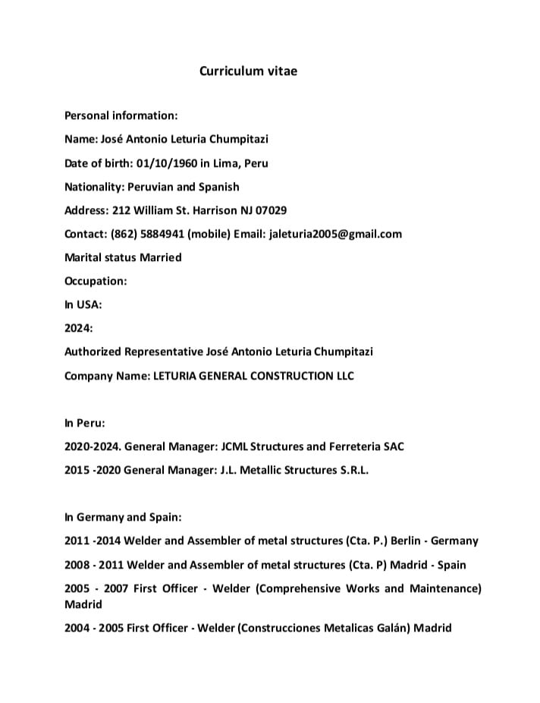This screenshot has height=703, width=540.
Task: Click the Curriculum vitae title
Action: (x=248, y=71)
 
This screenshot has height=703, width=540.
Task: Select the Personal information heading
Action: (x=121, y=115)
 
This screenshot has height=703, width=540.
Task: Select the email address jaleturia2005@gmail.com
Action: (x=335, y=234)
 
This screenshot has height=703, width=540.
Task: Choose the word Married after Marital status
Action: (x=161, y=257)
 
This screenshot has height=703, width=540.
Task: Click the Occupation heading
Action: (x=96, y=281)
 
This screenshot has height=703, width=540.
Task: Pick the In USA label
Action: (x=83, y=304)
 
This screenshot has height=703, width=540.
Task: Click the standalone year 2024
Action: (x=78, y=328)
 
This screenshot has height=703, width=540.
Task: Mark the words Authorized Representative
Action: (x=133, y=351)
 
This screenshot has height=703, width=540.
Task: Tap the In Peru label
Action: (x=85, y=423)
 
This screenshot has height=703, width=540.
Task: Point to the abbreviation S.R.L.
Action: (x=353, y=470)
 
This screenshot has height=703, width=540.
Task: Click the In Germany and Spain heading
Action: (x=123, y=517)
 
